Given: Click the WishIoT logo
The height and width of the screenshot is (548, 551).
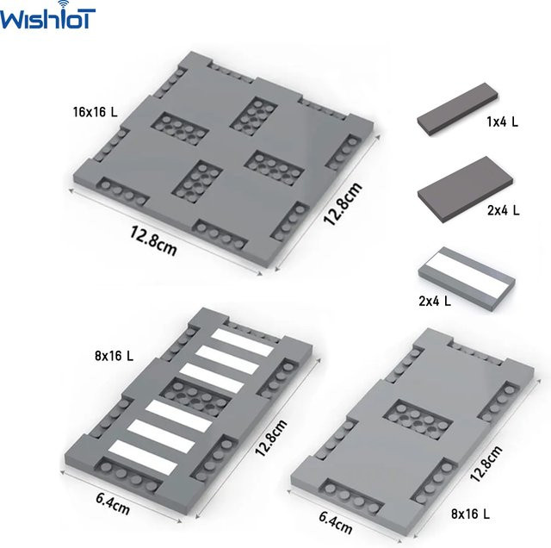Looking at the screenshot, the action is tap(47, 16).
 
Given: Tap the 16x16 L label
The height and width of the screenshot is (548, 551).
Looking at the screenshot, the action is tap(95, 112).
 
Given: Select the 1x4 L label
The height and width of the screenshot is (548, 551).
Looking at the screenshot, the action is tap(502, 122).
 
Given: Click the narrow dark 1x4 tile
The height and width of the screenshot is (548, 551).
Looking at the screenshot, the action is tap(458, 109).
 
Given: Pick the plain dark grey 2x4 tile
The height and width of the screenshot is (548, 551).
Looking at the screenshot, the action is tap(465, 190).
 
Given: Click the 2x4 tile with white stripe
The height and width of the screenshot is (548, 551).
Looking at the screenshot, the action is tap(467, 278).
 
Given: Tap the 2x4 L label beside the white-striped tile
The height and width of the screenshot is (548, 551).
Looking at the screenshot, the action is tap(434, 301).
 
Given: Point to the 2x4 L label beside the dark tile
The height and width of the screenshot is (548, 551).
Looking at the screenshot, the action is tap(503, 210).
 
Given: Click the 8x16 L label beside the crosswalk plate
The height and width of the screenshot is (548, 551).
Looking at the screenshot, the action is tap(114, 356).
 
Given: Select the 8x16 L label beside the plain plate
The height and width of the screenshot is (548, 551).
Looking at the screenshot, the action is tap(470, 514).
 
